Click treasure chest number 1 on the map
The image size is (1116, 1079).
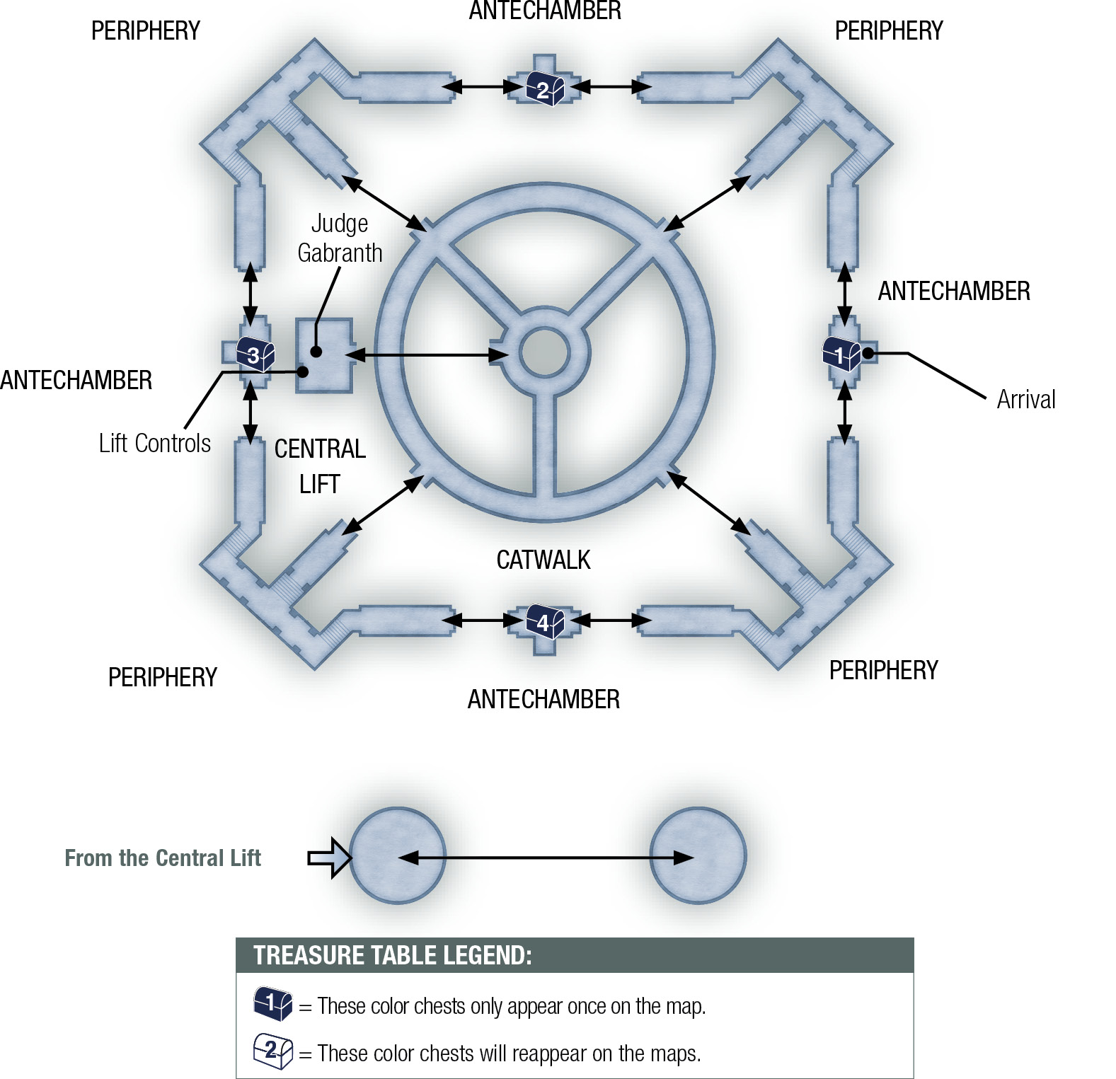point(841,353)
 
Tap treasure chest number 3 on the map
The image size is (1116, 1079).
point(255,354)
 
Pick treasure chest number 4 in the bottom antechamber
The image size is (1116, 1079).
point(544,622)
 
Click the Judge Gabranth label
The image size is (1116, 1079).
point(340,238)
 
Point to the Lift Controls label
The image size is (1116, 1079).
point(155,444)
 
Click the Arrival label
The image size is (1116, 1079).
point(1026,400)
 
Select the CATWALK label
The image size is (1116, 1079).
point(543,560)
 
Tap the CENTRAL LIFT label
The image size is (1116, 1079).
point(320,466)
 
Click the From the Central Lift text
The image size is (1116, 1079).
point(163,858)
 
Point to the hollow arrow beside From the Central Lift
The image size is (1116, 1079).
point(329,858)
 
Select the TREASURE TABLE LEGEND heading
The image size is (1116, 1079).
point(393,955)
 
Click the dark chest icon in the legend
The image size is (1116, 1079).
point(273,1003)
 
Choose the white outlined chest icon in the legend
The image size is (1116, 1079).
point(273,1051)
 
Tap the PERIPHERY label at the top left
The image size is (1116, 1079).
point(146,31)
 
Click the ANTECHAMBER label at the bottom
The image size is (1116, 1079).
point(543,700)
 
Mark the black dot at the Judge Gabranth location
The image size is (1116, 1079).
point(316,352)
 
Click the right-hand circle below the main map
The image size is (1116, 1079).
point(698,856)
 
